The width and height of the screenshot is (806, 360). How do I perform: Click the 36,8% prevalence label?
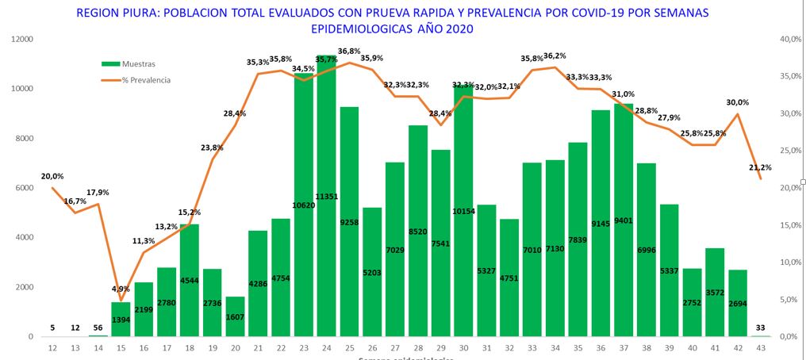pyautogui.click(x=349, y=52)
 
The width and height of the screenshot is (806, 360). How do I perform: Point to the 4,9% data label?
pyautogui.click(x=120, y=289)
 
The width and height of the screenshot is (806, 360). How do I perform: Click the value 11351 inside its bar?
pyautogui.click(x=326, y=197)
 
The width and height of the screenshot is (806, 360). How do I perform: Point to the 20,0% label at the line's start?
pyautogui.click(x=52, y=176)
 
